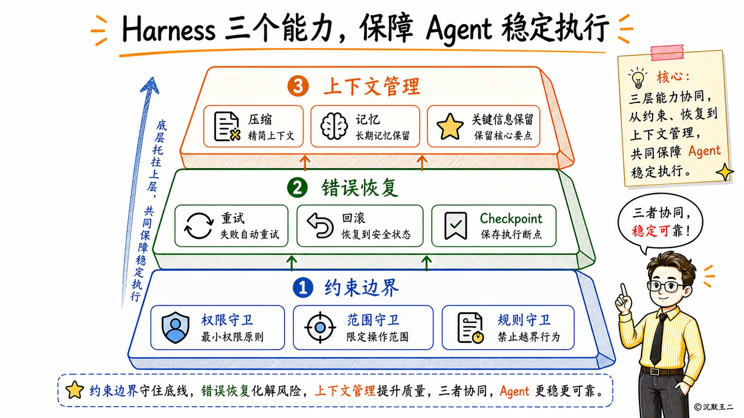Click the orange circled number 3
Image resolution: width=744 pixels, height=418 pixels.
[x=298, y=86]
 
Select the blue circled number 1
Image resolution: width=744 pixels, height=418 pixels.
[x=303, y=288]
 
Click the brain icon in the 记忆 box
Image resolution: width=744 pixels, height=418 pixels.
[x=334, y=126]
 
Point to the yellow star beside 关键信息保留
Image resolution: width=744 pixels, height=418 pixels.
[x=450, y=127]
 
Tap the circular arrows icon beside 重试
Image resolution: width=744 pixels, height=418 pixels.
[x=198, y=226]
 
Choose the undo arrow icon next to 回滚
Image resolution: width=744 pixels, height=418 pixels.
[x=320, y=225]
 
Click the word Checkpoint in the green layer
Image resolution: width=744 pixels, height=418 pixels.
[x=511, y=219]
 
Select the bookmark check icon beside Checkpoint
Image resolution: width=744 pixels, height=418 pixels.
[x=456, y=226]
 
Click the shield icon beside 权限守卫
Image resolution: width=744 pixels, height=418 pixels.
[x=175, y=327]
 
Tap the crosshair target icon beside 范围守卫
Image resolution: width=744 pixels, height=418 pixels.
[x=320, y=327]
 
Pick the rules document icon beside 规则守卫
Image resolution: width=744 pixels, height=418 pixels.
[x=470, y=327]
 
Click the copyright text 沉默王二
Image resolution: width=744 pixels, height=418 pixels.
[x=717, y=407]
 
